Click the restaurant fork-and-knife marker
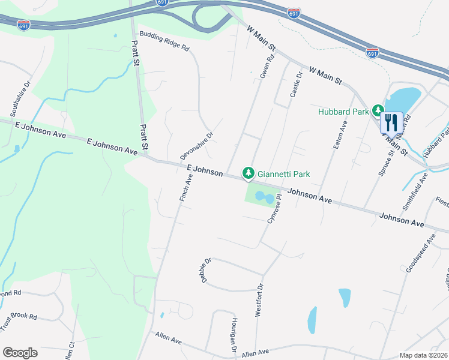point(391,122)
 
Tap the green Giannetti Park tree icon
point(247,173)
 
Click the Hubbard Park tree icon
point(378,110)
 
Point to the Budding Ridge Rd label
point(164,40)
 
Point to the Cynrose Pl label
point(274,208)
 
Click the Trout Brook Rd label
point(18,321)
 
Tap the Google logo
point(20,353)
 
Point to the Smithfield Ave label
point(415,191)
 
